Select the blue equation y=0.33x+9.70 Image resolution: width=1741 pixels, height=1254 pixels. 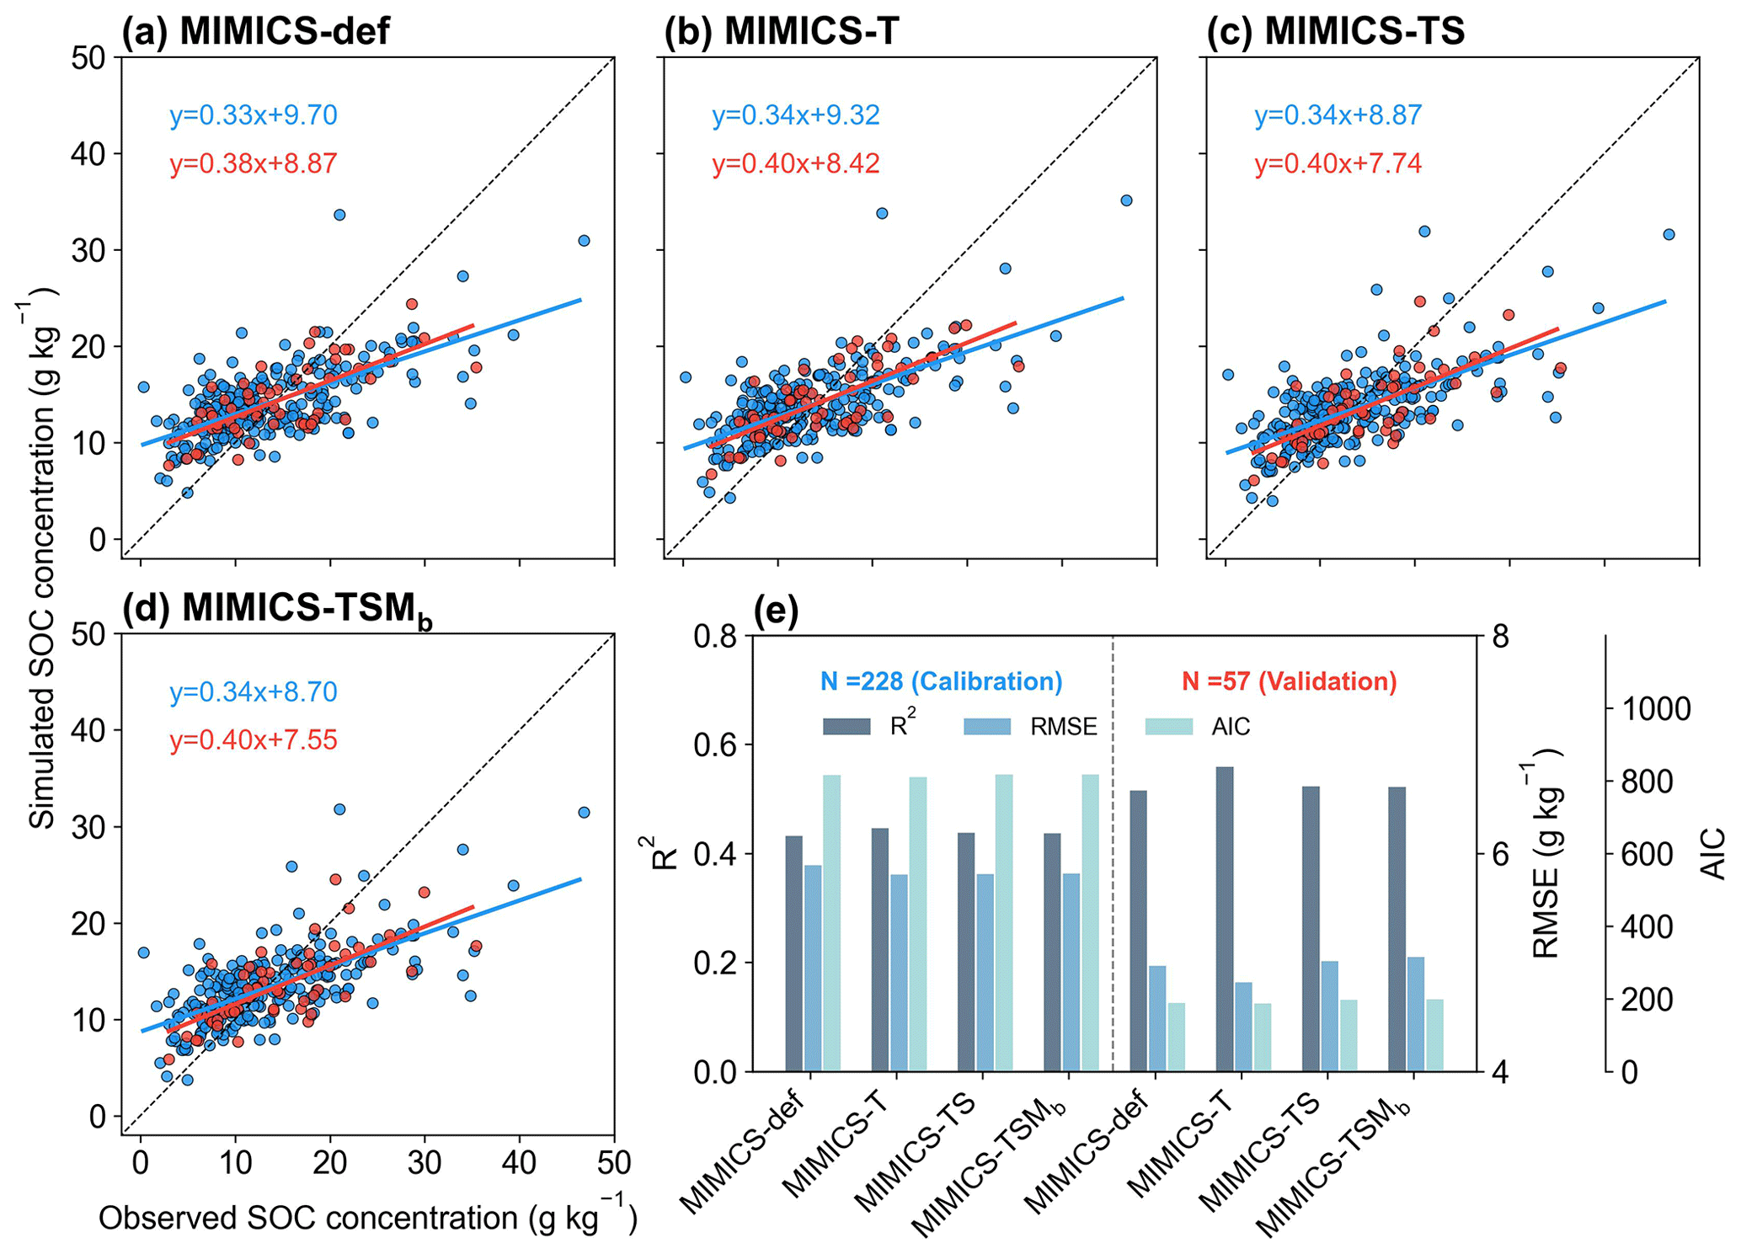pos(253,115)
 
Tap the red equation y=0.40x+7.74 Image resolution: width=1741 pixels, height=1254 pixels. pos(1338,163)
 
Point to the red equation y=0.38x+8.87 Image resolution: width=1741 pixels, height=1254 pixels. pos(253,163)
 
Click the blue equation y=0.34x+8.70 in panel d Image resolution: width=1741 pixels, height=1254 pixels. pos(253,692)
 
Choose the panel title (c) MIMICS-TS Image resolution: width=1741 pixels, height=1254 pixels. pos(1335,32)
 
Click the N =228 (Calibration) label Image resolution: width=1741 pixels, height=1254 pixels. pos(941,681)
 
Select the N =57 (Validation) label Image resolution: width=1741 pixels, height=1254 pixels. pos(1289,681)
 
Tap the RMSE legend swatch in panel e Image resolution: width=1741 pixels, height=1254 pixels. pos(986,727)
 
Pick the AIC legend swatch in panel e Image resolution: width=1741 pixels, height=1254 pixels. pos(1168,727)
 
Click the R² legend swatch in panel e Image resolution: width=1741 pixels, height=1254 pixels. pos(846,727)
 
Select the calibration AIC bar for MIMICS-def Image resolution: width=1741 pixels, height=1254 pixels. pos(832,922)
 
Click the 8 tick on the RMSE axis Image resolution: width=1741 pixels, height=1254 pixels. pos(1500,637)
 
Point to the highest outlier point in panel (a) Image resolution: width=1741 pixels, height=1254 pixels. pos(339,215)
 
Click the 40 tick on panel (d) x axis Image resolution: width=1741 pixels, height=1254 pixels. pos(519,1163)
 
